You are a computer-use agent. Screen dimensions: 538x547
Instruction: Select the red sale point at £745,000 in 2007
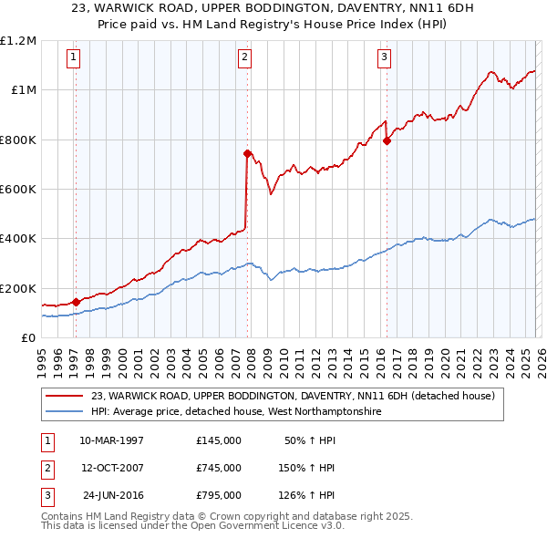point(247,153)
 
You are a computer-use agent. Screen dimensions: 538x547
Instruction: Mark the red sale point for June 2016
point(387,140)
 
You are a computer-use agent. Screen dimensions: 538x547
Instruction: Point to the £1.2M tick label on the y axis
point(19,41)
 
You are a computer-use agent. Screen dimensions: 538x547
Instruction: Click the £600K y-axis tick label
point(18,190)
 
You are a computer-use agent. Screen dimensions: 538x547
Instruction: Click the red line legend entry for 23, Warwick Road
point(292,396)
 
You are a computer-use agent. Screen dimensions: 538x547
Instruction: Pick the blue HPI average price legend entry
point(234,412)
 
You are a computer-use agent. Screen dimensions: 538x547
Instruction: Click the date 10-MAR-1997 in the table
point(111,440)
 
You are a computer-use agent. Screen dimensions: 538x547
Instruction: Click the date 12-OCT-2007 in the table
point(111,468)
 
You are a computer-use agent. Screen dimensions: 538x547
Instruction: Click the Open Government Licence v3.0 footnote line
point(192,527)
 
